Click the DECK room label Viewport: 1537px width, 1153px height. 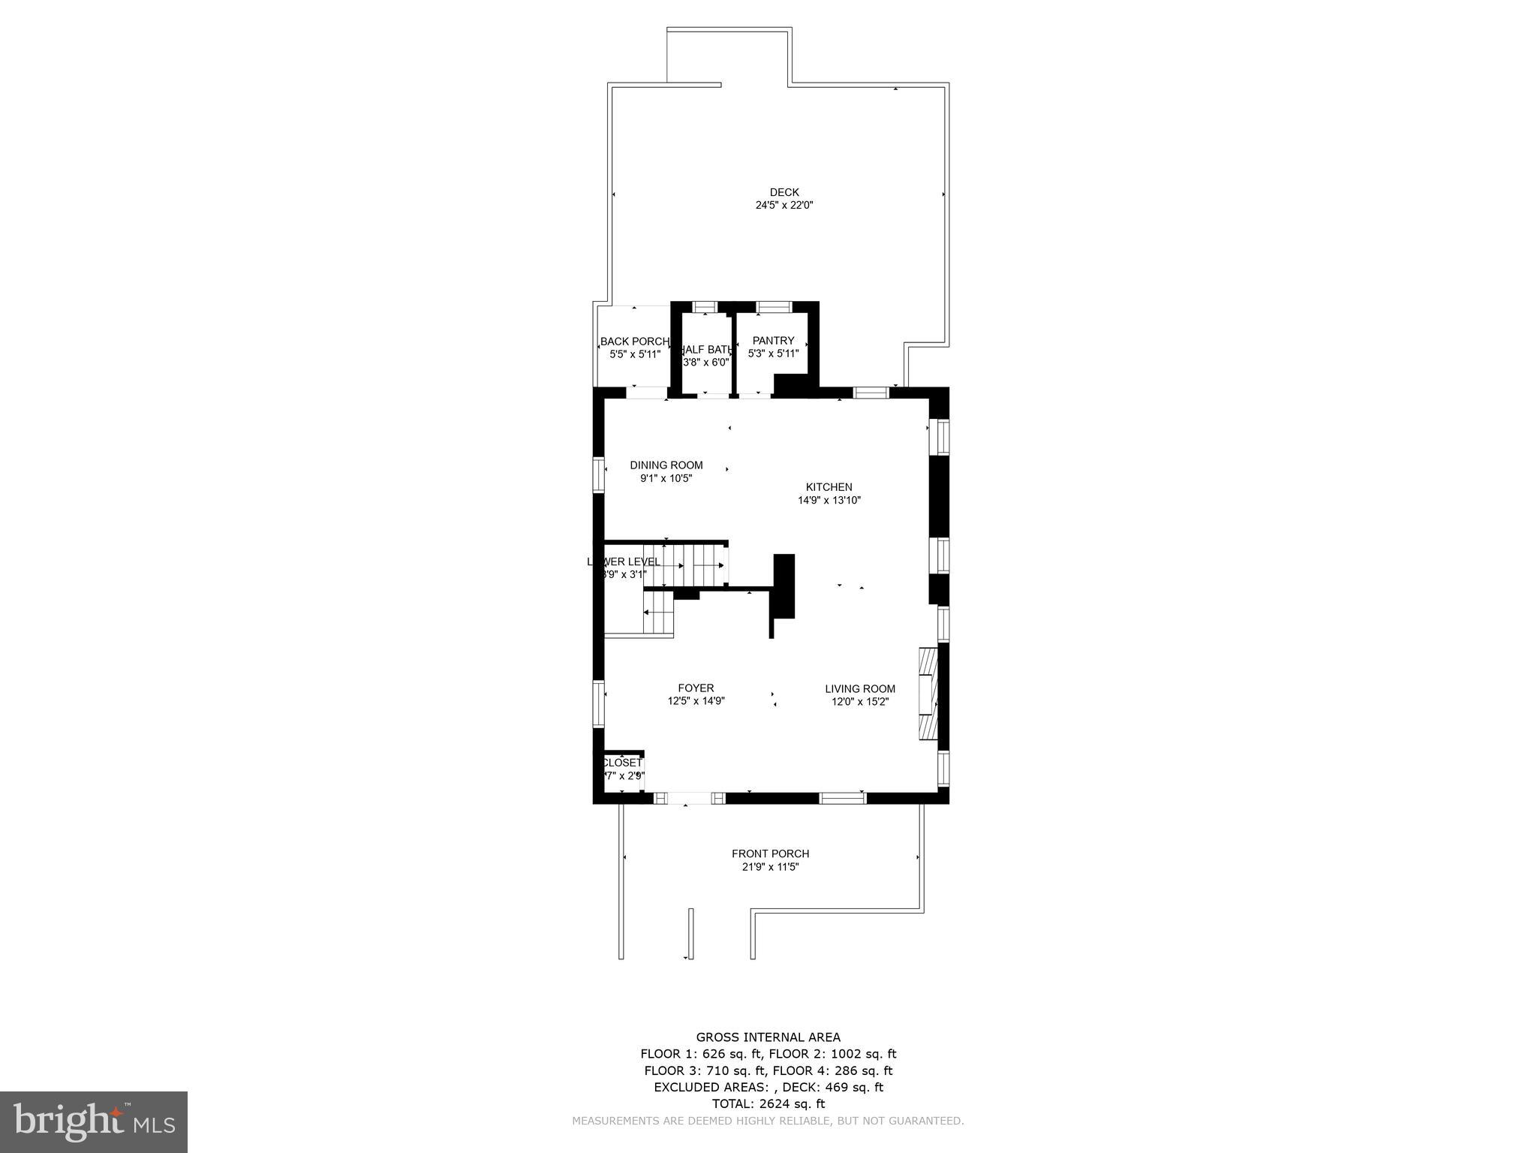[x=784, y=192]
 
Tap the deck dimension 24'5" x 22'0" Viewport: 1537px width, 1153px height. [x=784, y=205]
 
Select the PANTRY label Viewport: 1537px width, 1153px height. [x=773, y=341]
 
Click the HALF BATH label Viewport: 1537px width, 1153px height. [x=705, y=350]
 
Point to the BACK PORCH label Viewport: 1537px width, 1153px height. [x=634, y=342]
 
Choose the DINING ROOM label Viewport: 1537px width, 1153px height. [x=666, y=465]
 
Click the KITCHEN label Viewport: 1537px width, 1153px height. [x=829, y=487]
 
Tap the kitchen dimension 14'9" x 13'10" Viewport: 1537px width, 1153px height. [x=829, y=501]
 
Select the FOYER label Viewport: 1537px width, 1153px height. [x=696, y=688]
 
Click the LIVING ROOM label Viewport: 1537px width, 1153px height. [x=860, y=689]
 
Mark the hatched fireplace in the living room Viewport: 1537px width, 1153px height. [x=928, y=695]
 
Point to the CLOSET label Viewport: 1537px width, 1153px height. [x=622, y=763]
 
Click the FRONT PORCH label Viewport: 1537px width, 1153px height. [x=770, y=853]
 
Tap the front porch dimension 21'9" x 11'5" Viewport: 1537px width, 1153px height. [x=770, y=867]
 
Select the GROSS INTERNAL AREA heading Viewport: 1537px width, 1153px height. [x=768, y=1037]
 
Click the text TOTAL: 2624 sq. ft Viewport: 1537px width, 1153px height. [x=768, y=1103]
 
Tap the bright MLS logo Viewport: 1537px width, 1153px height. [x=94, y=1121]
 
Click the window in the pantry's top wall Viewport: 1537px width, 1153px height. [x=773, y=306]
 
